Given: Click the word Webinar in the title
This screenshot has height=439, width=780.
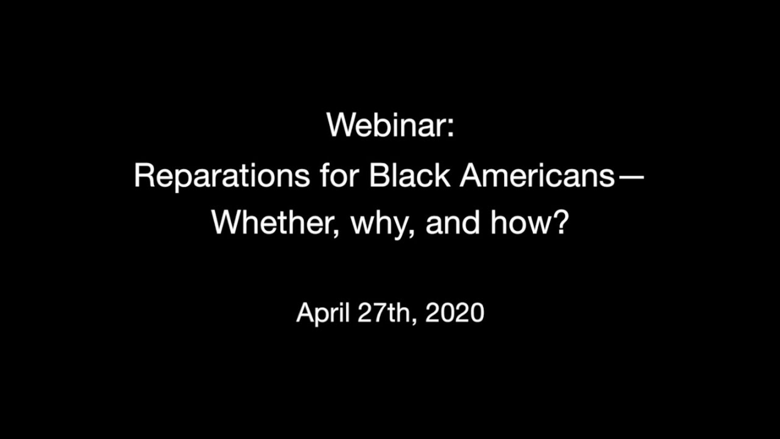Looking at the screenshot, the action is click(385, 125).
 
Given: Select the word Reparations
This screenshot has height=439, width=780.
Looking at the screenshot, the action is click(222, 175).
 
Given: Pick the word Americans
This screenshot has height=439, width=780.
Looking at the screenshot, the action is click(537, 175).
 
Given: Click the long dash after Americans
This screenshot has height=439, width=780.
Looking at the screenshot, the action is click(631, 177).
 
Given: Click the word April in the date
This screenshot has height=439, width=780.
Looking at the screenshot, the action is click(323, 313).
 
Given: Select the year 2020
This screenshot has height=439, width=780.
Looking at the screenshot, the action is click(455, 313).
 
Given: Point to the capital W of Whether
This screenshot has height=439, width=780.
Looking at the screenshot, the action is click(227, 223).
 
